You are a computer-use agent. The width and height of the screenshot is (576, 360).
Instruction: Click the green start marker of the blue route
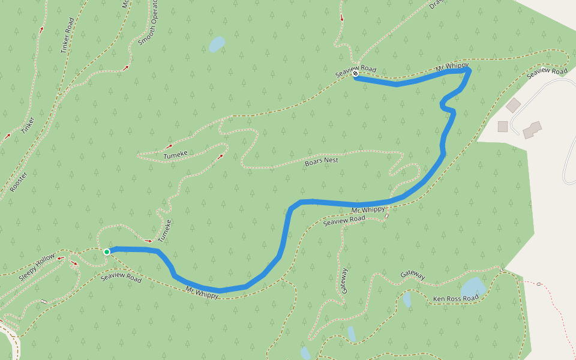pyautogui.click(x=106, y=252)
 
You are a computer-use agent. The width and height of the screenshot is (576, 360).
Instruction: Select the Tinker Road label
pyautogui.click(x=68, y=35)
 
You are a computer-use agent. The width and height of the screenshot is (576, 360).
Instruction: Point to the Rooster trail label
pyautogui.click(x=18, y=182)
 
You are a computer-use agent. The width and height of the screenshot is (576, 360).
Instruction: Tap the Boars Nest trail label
pyautogui.click(x=322, y=161)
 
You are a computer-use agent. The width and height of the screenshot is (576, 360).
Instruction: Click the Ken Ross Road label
pyautogui.click(x=455, y=298)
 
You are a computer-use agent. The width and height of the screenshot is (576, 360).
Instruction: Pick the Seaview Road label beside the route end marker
pyautogui.click(x=355, y=70)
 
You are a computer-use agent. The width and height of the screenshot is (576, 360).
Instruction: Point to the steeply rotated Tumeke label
pyautogui.click(x=164, y=230)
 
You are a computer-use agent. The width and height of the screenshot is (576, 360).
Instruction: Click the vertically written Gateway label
pyautogui.click(x=344, y=280)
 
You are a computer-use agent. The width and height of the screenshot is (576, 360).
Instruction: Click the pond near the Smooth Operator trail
pyautogui.click(x=216, y=44)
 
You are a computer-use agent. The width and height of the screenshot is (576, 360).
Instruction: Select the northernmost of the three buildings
pyautogui.click(x=513, y=105)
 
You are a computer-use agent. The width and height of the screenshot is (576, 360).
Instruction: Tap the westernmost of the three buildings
pyautogui.click(x=503, y=126)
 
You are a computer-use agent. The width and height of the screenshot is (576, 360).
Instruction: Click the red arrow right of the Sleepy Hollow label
pyautogui.click(x=74, y=262)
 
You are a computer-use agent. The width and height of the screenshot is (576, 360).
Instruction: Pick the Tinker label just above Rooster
pyautogui.click(x=28, y=125)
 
